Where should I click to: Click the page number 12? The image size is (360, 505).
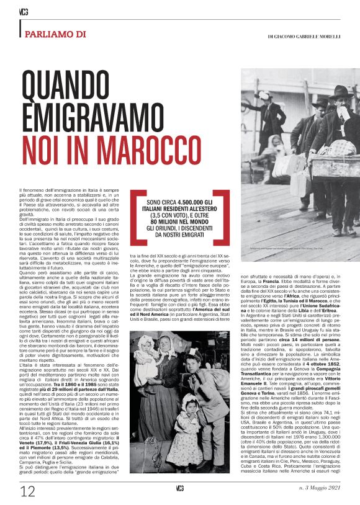point(28,492)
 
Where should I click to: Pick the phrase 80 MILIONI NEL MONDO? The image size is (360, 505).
point(184,219)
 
